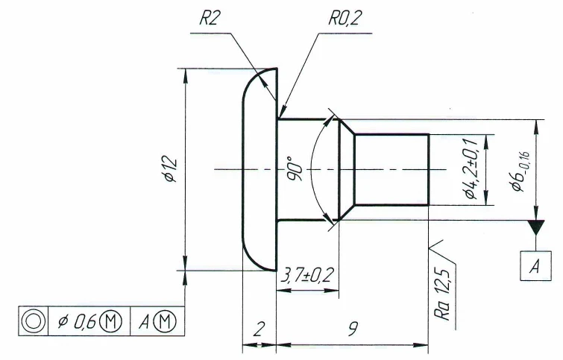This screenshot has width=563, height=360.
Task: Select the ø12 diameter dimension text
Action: (x=168, y=170)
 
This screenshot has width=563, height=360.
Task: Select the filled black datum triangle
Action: (x=535, y=226)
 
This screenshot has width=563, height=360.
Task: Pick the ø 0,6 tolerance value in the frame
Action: (x=74, y=320)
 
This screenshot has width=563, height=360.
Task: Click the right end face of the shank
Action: (x=429, y=170)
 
